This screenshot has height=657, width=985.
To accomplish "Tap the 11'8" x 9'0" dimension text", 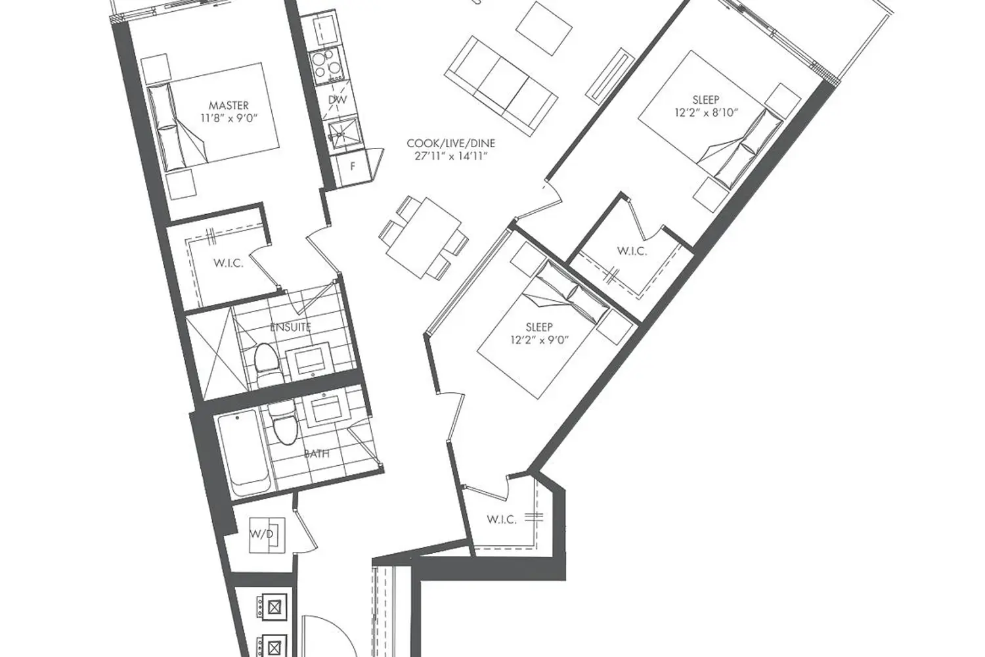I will coord(229,118).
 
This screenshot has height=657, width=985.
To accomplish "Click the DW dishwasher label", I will coord(338,100).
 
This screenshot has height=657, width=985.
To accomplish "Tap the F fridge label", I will coord(353,166).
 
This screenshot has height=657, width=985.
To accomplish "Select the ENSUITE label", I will coord(290,327).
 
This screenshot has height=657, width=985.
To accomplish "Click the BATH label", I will coord(317,453).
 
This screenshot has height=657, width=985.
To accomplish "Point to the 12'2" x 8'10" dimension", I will coord(706,112).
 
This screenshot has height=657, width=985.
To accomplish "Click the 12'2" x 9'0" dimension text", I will coord(538,340).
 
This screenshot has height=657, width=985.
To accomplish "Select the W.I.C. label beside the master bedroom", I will coord(228,263).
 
